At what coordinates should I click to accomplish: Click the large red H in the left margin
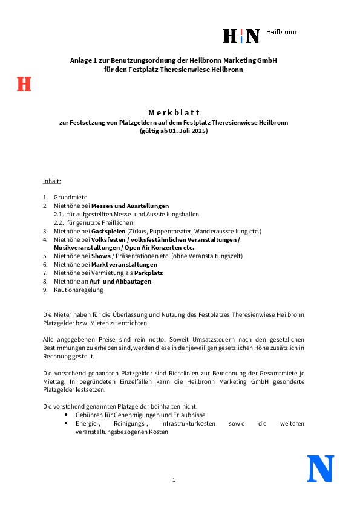tap(24, 84)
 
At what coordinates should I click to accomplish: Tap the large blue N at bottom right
tap(321, 468)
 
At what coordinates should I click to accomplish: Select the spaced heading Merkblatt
tap(173, 112)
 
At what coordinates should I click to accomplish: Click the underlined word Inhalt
tap(51, 181)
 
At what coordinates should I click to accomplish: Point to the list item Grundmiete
tap(70, 197)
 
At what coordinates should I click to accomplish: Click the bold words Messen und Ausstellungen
tap(130, 206)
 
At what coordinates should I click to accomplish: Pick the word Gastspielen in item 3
tap(109, 231)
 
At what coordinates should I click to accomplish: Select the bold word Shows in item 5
tap(100, 256)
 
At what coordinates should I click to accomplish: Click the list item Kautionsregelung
tap(78, 290)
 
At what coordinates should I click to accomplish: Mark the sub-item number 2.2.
tap(59, 222)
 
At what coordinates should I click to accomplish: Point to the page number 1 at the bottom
tap(174, 480)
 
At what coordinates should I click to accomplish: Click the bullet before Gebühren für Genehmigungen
tap(66, 415)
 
